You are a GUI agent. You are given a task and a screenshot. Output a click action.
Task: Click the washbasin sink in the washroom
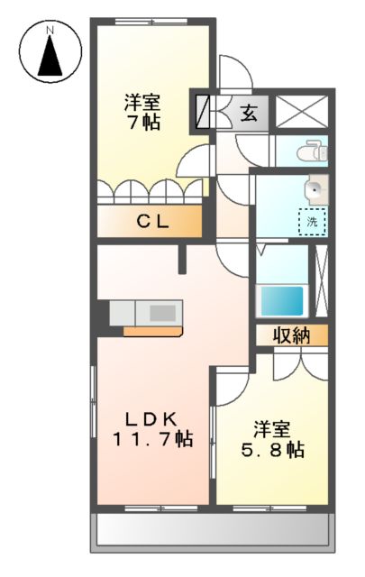point(314,189)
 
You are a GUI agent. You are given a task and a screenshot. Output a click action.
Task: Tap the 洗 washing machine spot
point(312,220)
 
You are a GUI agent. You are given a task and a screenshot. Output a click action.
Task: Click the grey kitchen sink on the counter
point(162,312)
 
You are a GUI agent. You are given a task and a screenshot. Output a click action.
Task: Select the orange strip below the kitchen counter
point(152,330)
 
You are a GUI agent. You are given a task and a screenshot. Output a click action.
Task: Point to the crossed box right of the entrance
point(303,114)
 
